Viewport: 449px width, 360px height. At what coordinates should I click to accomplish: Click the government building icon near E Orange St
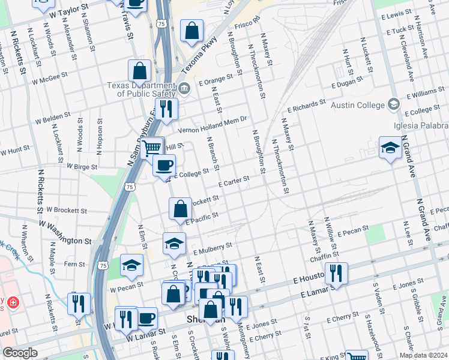click(185, 89)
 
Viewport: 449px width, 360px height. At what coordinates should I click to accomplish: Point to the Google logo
click(20, 353)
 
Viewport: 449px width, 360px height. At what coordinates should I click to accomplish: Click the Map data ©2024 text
click(422, 355)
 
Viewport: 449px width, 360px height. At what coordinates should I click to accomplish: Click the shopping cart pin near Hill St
click(152, 146)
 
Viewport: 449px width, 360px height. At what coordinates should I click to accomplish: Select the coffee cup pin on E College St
click(164, 165)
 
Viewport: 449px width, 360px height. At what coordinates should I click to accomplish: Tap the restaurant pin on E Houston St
click(336, 274)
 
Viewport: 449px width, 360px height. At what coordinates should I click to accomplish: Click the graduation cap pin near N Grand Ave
click(390, 148)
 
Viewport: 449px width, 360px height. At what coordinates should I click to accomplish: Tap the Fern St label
click(74, 264)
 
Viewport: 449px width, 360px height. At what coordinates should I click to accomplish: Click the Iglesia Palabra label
click(427, 125)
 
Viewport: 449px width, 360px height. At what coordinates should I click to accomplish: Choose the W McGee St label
click(50, 79)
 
